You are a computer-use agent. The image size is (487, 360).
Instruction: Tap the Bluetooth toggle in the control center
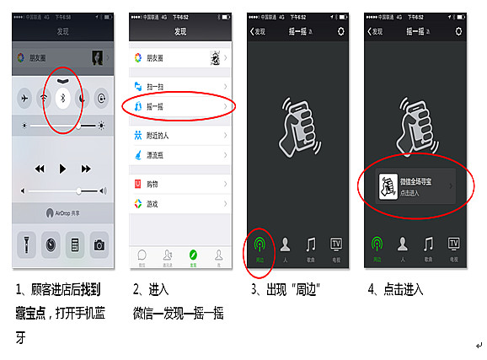click(62, 97)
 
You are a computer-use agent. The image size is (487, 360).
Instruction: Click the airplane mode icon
click(25, 97)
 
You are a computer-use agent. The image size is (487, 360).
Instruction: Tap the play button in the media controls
click(62, 169)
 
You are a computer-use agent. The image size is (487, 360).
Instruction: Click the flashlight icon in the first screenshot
click(25, 244)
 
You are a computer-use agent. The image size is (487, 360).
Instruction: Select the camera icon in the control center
click(99, 244)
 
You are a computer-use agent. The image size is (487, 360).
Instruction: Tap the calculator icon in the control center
click(75, 244)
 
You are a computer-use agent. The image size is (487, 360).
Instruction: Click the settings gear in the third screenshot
click(340, 31)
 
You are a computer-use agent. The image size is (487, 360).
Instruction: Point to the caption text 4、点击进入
click(395, 289)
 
